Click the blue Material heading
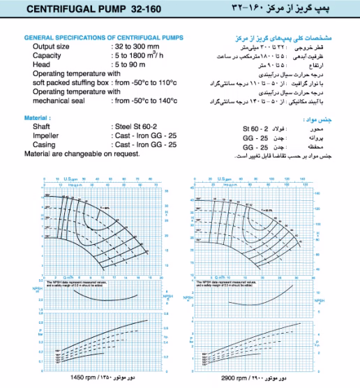(x=37, y=118)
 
